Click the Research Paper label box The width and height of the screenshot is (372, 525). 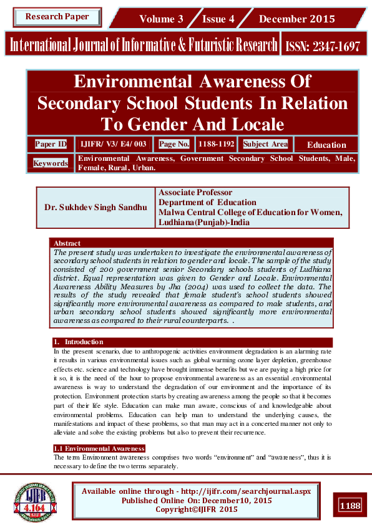[57, 17]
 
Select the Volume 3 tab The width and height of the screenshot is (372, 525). [161, 19]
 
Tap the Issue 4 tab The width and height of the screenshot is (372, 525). [218, 19]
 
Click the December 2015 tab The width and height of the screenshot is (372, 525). [296, 19]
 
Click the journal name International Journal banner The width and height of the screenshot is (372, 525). [142, 45]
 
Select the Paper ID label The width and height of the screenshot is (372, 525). [51, 144]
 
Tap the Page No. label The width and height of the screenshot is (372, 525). [174, 144]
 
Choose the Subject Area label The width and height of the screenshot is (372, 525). [265, 144]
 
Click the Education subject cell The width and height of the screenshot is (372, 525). [326, 145]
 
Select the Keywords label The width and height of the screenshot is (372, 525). [51, 163]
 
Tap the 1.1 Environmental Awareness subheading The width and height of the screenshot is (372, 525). [99, 448]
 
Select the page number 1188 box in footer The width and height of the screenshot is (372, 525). [350, 505]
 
